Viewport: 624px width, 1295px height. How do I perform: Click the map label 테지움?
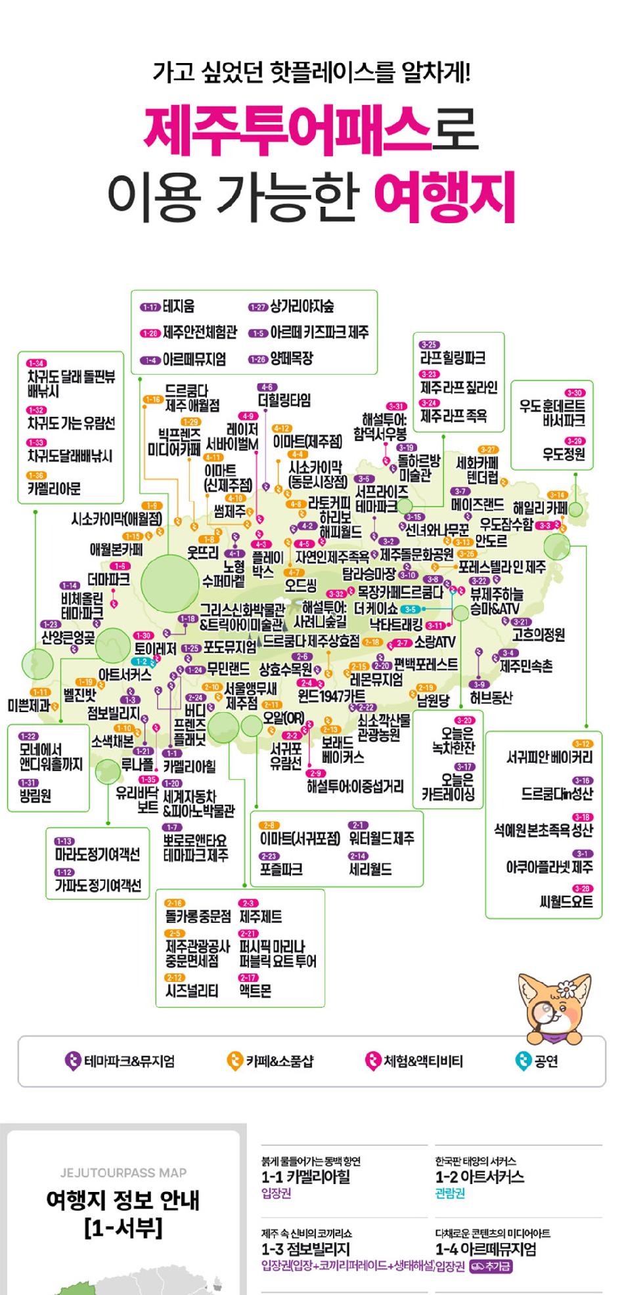coord(178,307)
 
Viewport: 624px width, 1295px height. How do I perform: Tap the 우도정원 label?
coord(564,454)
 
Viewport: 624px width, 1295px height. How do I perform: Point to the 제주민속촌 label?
coord(526,666)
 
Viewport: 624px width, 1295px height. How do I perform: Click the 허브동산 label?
coord(491,697)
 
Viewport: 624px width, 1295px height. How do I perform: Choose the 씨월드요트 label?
coord(566,902)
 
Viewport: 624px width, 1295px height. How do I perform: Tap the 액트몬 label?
coord(255,990)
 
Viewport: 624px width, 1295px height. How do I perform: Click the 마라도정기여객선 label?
coord(97,854)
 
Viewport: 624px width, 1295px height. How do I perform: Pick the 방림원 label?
coord(35,796)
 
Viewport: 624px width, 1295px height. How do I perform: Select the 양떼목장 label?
coord(292,358)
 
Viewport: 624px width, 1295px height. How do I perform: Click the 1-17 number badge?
coord(150,307)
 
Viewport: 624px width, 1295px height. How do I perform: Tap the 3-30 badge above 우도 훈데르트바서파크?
coord(574,393)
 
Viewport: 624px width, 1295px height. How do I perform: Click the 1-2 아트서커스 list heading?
coord(479,1177)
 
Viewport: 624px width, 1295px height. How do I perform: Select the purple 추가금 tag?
coord(491,1266)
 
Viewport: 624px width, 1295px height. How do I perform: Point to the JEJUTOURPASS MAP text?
coord(123,1173)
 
